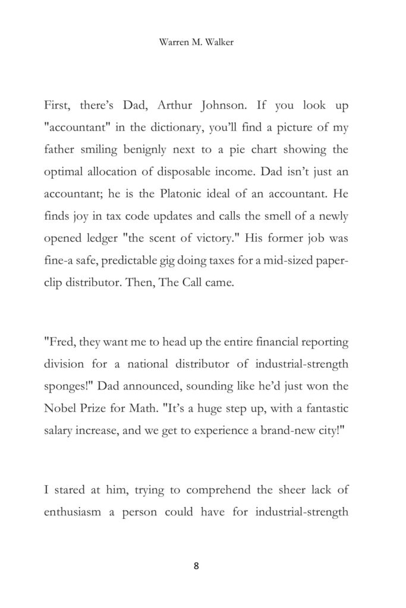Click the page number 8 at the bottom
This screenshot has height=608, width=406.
[x=196, y=565]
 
